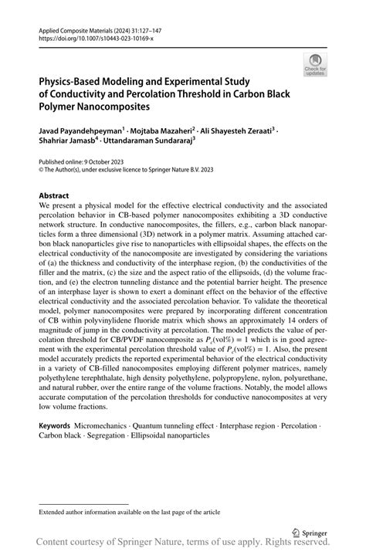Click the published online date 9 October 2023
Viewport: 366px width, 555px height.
coord(102,163)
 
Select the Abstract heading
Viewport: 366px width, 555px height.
coord(58,196)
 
